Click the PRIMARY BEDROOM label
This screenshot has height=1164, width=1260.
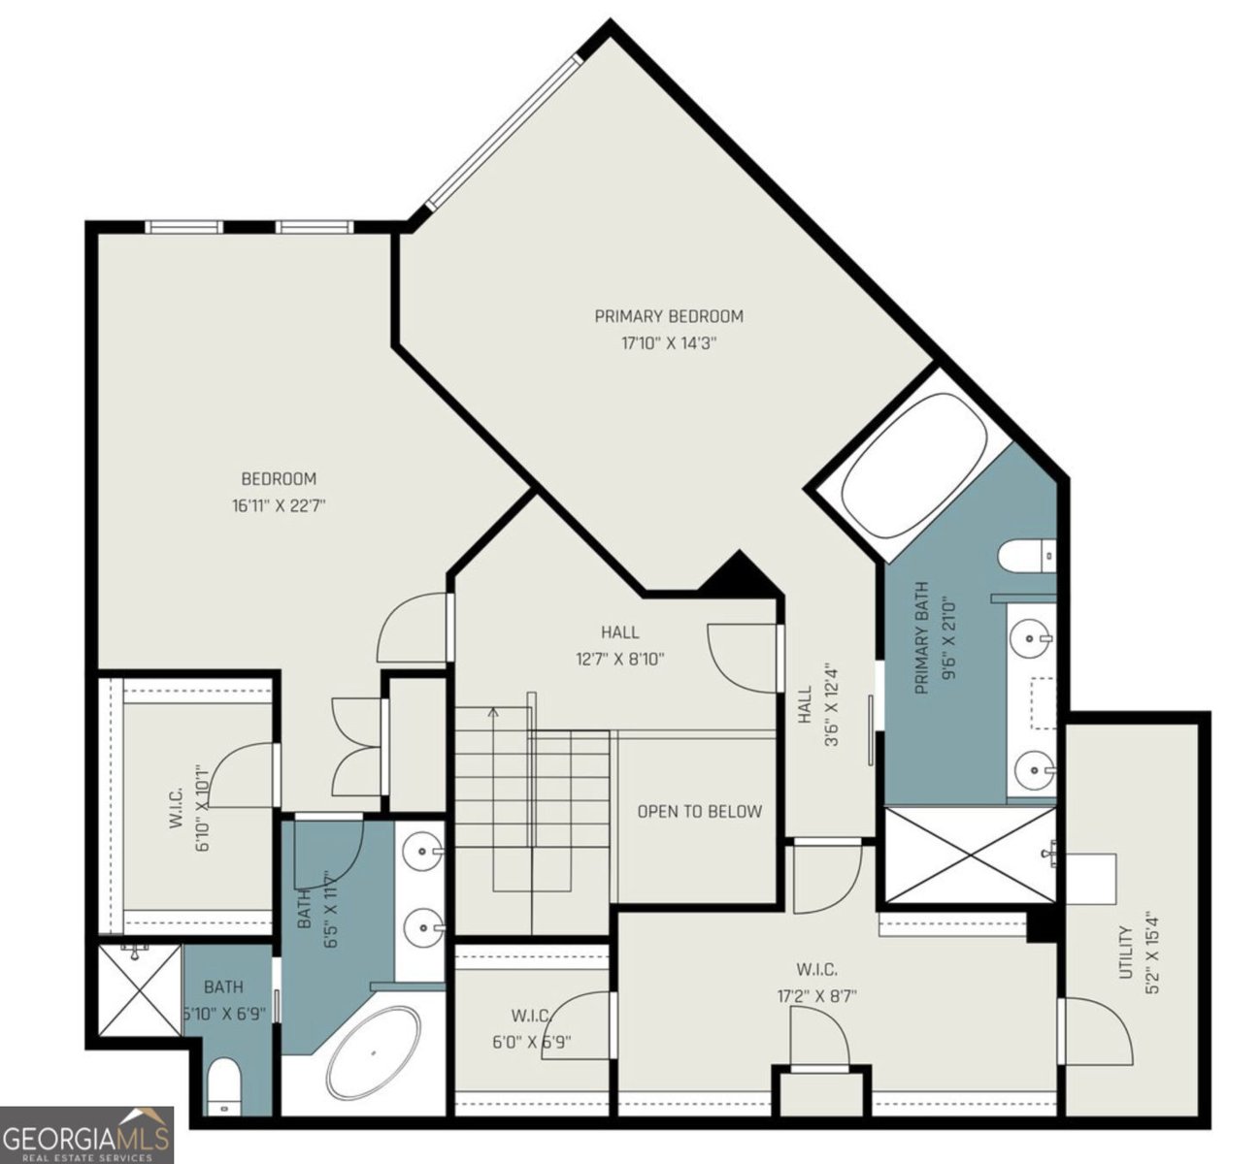tap(669, 315)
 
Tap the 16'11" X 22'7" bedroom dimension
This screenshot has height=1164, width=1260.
tap(279, 505)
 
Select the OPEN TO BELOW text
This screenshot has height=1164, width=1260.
tap(699, 812)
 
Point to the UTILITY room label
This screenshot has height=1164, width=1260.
tap(1125, 953)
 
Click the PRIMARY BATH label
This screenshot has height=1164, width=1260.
tap(922, 638)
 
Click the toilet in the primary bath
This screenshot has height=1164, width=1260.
tap(1026, 556)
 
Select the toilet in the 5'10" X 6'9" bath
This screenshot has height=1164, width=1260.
tap(224, 1086)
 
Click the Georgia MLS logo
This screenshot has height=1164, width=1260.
tap(87, 1135)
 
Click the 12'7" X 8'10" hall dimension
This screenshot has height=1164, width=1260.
tap(620, 659)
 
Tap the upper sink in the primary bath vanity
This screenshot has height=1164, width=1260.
tap(1030, 638)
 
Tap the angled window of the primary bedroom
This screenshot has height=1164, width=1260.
tap(504, 132)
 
